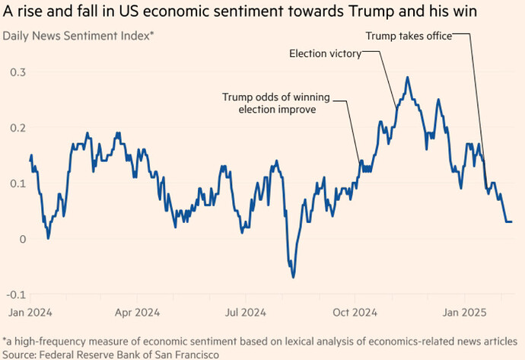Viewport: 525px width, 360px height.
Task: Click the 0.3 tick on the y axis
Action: (16, 72)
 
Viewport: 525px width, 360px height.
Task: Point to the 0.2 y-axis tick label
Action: (16, 127)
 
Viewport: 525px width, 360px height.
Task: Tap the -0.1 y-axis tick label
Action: (14, 295)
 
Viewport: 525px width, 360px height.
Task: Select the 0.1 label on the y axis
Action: (16, 183)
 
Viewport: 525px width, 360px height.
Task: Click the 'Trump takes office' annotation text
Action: (409, 35)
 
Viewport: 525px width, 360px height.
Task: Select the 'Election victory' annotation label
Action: (325, 53)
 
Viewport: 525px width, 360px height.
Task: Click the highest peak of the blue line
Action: (408, 77)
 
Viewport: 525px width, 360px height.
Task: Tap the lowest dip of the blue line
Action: (293, 277)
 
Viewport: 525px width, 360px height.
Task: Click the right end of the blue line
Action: (511, 221)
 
